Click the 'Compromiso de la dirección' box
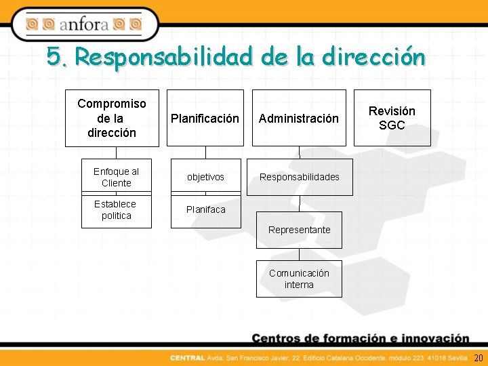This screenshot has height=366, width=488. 112,118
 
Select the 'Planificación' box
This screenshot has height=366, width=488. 206,118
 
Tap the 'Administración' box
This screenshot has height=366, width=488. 299,118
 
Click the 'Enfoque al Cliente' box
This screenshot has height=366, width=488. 116,177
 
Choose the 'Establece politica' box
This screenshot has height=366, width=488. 116,210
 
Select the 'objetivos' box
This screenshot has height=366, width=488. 206,177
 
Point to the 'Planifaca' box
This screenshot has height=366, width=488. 206,210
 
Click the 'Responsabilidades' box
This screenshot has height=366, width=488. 299,177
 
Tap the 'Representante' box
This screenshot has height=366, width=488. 299,230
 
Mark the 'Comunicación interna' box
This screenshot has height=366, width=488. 299,279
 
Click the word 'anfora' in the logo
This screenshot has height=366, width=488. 84,25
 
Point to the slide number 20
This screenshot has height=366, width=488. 478,358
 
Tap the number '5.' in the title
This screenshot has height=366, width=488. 58,57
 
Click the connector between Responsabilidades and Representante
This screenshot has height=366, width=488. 299,203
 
